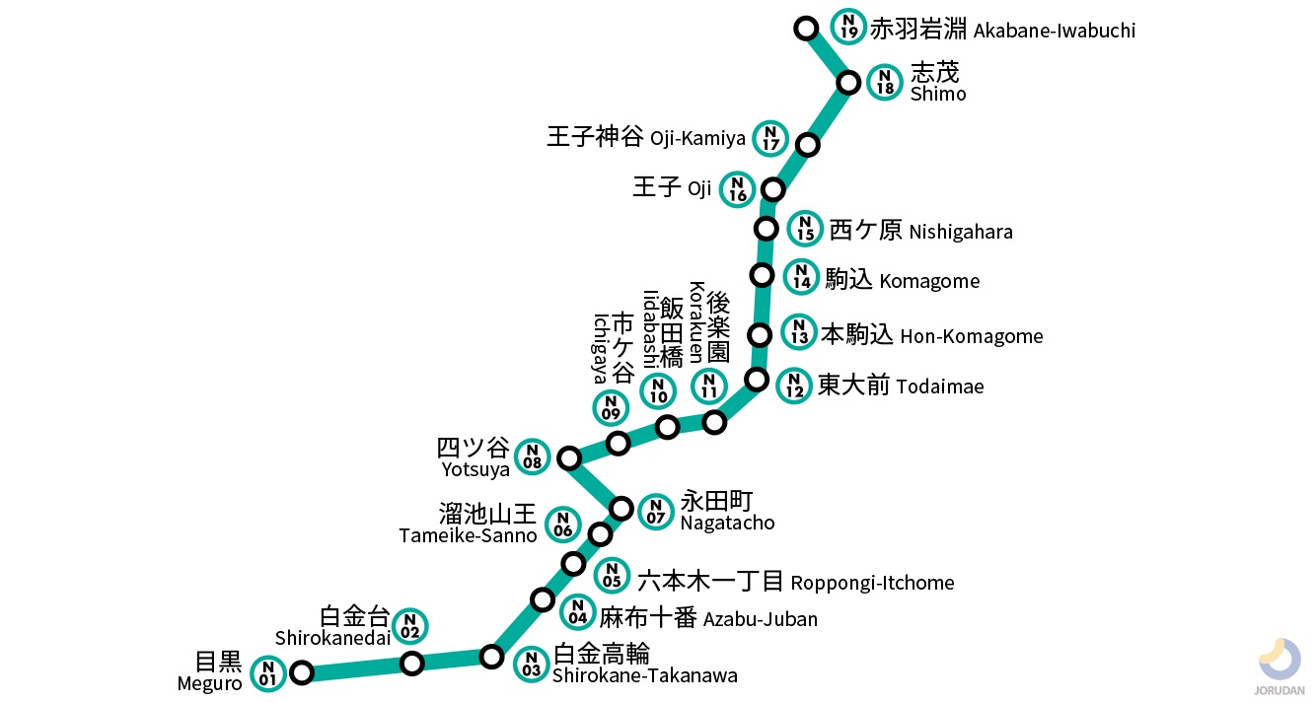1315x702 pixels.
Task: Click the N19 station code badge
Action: click(x=847, y=26)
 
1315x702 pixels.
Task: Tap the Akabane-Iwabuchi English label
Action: click(x=1054, y=31)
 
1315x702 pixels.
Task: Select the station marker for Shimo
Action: click(x=847, y=82)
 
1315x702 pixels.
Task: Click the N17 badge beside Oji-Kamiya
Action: click(x=770, y=139)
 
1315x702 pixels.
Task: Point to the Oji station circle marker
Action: click(x=772, y=189)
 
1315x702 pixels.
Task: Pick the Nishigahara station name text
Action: click(x=960, y=232)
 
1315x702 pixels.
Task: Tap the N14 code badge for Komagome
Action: click(x=801, y=277)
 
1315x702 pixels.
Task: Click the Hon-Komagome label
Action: click(x=971, y=336)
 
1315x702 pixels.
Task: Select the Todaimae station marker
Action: click(x=757, y=379)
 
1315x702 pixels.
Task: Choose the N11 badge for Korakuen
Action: click(x=707, y=386)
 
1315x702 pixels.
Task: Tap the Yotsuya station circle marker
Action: click(x=568, y=457)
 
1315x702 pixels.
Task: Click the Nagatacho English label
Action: click(x=727, y=524)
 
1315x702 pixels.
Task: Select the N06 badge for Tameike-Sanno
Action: click(x=562, y=525)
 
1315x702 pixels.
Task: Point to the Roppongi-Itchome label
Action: click(x=872, y=583)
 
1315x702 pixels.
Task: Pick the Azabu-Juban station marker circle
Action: click(x=542, y=599)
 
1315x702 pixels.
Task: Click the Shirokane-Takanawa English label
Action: click(x=644, y=675)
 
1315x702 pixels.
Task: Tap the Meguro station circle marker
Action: click(x=302, y=672)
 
